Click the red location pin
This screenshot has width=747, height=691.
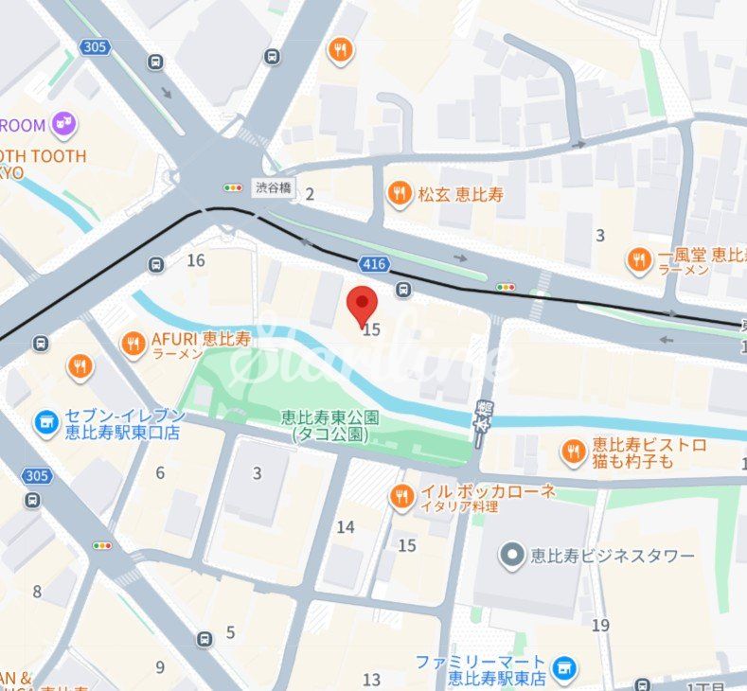click(363, 305)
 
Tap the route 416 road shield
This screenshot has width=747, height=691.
click(373, 261)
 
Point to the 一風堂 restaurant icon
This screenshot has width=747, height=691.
click(640, 259)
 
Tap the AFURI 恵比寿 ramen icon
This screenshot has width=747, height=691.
click(133, 344)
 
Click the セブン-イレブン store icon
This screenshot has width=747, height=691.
click(45, 423)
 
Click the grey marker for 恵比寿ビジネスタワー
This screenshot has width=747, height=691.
click(512, 555)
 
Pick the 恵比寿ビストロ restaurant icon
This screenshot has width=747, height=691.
click(572, 452)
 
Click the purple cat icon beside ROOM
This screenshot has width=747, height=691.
click(64, 123)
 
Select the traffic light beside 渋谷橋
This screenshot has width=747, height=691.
click(233, 187)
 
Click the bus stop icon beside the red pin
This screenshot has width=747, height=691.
click(404, 290)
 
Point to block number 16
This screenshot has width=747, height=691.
click(196, 260)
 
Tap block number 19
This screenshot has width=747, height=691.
click(600, 625)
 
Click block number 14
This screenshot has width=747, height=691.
click(346, 527)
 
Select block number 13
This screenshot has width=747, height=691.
click(371, 679)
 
